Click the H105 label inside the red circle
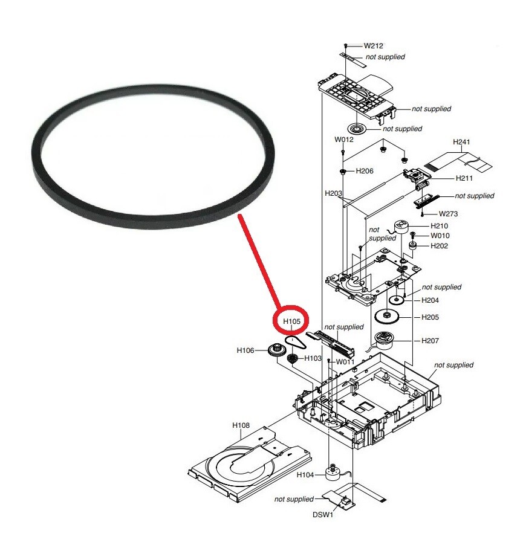click(x=291, y=321)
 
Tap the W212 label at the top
click(x=373, y=45)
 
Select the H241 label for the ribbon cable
click(x=461, y=143)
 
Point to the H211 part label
click(x=447, y=179)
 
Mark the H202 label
click(x=439, y=246)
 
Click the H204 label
click(x=430, y=300)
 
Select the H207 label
click(x=430, y=341)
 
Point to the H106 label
click(x=246, y=349)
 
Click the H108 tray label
click(x=241, y=425)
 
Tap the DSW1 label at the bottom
click(x=322, y=515)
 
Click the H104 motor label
click(x=306, y=475)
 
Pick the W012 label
click(x=344, y=140)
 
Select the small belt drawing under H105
click(x=296, y=345)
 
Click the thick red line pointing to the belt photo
click(x=259, y=260)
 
